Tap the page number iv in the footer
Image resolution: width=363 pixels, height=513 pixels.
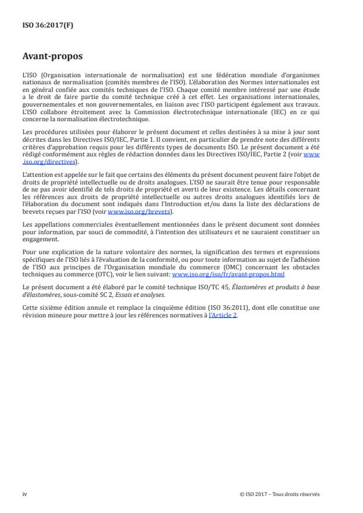[x=25, y=493]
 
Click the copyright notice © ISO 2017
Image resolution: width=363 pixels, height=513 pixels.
[x=280, y=493]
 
